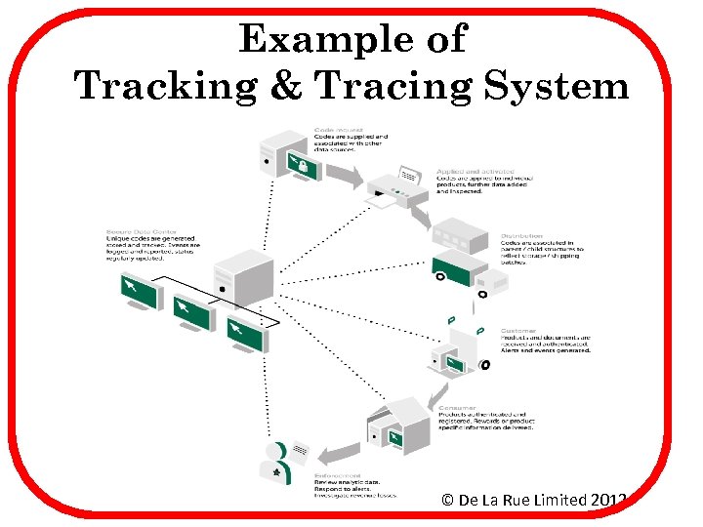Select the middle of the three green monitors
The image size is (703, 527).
pyautogui.click(x=191, y=312)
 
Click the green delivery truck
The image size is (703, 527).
pyautogui.click(x=455, y=264)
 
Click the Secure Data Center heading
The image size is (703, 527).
pyautogui.click(x=132, y=233)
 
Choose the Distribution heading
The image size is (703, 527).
pyautogui.click(x=521, y=235)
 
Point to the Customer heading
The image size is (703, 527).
pyautogui.click(x=517, y=330)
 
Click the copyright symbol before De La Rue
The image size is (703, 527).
pyautogui.click(x=447, y=500)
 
